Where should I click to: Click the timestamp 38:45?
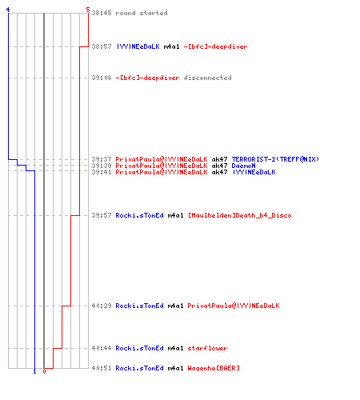pyautogui.click(x=102, y=13)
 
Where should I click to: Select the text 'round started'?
pyautogui.click(x=142, y=13)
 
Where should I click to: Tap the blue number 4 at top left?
pyautogui.click(x=8, y=10)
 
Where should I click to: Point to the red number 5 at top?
pyautogui.click(x=88, y=10)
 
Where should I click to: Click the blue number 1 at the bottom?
pyautogui.click(x=34, y=371)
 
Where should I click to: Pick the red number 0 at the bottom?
pyautogui.click(x=44, y=371)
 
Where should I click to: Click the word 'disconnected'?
pyautogui.click(x=207, y=78)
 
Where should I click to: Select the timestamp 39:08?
pyautogui.click(x=102, y=78)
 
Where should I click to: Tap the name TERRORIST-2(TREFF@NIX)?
pyautogui.click(x=275, y=159)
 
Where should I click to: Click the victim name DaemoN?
pyautogui.click(x=243, y=166)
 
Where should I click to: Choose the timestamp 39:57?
pyautogui.click(x=102, y=215)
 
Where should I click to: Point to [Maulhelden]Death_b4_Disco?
pyautogui.click(x=240, y=215)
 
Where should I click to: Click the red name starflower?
pyautogui.click(x=207, y=348)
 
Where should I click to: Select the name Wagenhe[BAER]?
pyautogui.click(x=214, y=368)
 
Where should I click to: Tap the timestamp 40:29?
pyautogui.click(x=102, y=306)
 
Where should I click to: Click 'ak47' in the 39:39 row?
pyautogui.click(x=219, y=166)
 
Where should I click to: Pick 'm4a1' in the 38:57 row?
pyautogui.click(x=171, y=46)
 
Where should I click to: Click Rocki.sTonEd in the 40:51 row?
pyautogui.click(x=139, y=368)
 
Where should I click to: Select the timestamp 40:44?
pyautogui.click(x=102, y=348)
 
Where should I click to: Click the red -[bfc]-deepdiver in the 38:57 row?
pyautogui.click(x=215, y=46)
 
